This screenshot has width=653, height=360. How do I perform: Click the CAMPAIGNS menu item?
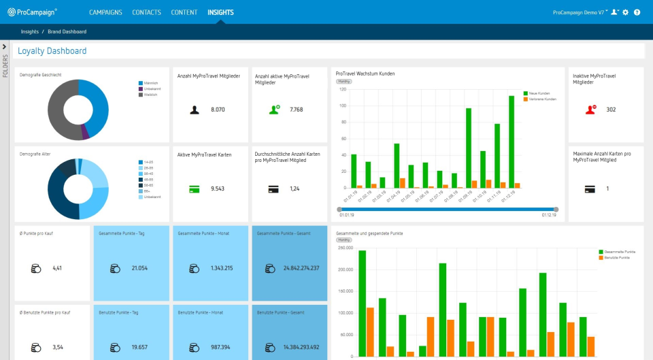tap(105, 12)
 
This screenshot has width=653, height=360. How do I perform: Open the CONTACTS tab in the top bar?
tap(146, 12)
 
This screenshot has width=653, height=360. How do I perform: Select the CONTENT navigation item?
tap(184, 12)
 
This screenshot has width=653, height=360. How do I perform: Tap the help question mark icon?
tap(637, 12)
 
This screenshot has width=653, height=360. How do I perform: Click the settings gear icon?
tap(626, 12)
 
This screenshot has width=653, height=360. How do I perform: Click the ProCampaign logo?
tap(32, 12)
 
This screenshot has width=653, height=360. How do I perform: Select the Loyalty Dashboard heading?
tap(52, 51)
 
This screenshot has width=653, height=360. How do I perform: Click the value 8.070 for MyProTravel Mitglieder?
tap(218, 110)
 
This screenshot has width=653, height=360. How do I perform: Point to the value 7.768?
tap(296, 110)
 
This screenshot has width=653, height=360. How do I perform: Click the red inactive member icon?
tap(590, 109)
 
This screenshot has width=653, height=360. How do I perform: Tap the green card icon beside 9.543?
tap(195, 189)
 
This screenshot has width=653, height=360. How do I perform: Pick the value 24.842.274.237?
tap(301, 268)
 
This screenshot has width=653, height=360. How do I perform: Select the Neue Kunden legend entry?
tap(539, 93)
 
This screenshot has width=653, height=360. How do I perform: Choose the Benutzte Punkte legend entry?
tap(614, 258)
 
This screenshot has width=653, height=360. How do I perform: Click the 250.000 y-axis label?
tap(346, 248)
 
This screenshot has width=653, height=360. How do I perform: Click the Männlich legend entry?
tap(152, 83)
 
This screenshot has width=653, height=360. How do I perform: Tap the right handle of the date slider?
tap(556, 209)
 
